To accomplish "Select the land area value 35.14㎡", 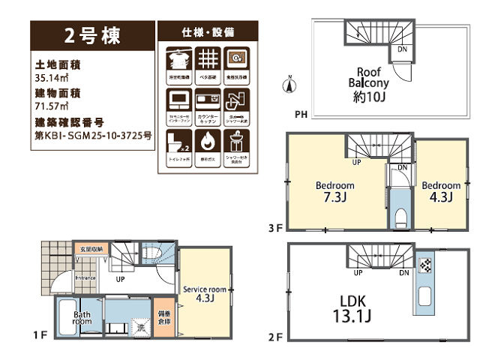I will tap(49, 78).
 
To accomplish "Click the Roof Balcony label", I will tap(367, 76).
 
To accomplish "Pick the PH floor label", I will tap(301, 115).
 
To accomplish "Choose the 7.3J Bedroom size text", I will tap(334, 199).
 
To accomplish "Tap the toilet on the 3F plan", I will tap(400, 218).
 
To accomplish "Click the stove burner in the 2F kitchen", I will tap(424, 265).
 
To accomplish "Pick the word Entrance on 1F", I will tap(85, 278).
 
